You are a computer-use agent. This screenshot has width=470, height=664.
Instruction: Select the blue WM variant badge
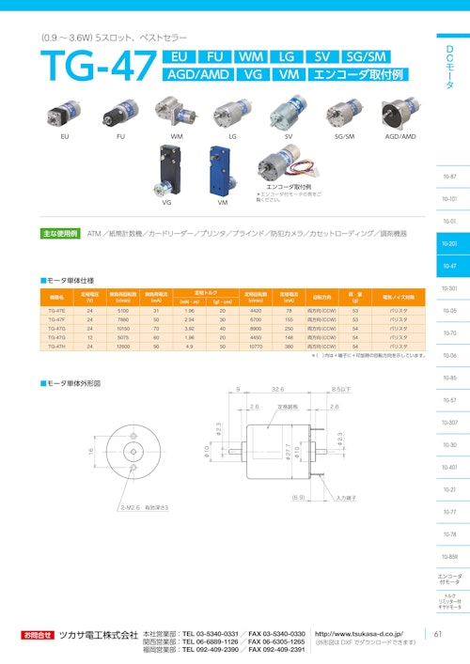coord(252,57)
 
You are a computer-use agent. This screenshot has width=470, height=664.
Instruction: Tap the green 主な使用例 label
coord(60,232)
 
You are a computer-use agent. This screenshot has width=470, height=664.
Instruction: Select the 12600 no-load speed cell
coord(123,347)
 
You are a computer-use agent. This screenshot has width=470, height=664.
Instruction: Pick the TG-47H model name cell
coord(56,347)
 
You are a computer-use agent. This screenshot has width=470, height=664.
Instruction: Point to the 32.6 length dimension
coord(278,388)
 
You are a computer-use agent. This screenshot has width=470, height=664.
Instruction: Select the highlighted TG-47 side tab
coord(449,266)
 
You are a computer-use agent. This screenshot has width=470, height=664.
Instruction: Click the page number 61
coord(439,634)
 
